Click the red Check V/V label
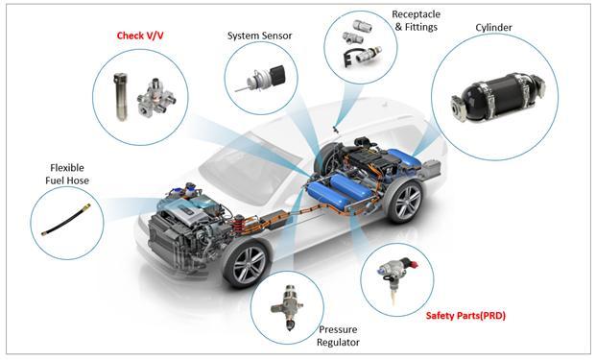point(140,36)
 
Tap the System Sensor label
point(259,36)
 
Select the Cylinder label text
point(493,28)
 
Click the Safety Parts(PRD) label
point(465,316)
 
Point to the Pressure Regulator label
point(338,336)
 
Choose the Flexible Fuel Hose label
point(67,174)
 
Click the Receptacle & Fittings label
point(417,20)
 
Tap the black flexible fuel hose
point(66,220)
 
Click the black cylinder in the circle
point(498,98)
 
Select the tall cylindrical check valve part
point(120,97)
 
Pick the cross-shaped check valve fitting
point(155,98)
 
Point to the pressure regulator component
point(287,307)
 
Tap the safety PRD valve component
point(397,275)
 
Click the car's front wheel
point(248,263)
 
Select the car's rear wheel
point(407,201)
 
